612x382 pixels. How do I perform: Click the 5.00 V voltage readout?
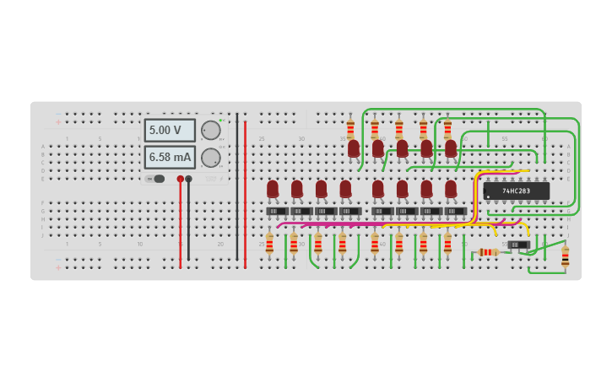(170, 131)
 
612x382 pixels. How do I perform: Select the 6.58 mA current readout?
(170, 157)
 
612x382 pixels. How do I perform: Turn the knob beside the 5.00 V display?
(210, 131)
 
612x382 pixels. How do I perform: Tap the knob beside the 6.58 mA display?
(210, 158)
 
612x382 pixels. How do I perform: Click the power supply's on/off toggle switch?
(155, 179)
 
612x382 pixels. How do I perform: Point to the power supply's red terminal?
(180, 179)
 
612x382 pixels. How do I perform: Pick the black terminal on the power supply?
(188, 179)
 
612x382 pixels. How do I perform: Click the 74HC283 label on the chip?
(516, 191)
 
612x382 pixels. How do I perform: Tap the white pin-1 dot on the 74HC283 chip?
(488, 196)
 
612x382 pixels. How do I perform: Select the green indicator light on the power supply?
(220, 120)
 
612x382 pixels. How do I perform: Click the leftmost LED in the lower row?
(273, 189)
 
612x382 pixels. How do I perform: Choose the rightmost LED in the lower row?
(451, 189)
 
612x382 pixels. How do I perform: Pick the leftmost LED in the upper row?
(354, 148)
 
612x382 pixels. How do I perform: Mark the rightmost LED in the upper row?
(451, 148)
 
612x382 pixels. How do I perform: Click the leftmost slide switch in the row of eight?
(277, 211)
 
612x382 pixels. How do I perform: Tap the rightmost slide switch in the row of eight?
(455, 211)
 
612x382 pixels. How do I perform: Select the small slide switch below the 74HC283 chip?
(519, 245)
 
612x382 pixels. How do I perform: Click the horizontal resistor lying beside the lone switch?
(489, 252)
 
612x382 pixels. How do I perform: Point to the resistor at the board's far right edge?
(565, 257)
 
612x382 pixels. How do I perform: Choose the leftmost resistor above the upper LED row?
(350, 129)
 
